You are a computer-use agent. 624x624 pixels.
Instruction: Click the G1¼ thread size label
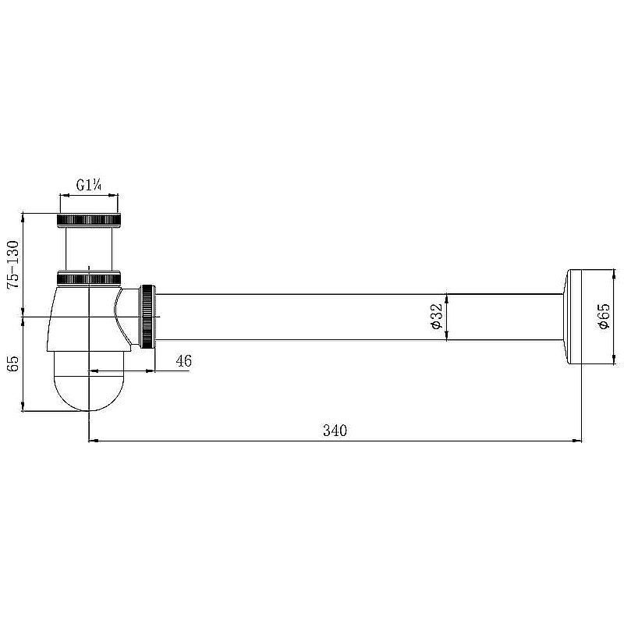pyautogui.click(x=89, y=185)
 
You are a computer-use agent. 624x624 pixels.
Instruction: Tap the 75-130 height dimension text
pyautogui.click(x=12, y=264)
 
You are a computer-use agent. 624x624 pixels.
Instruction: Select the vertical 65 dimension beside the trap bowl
pyautogui.click(x=13, y=363)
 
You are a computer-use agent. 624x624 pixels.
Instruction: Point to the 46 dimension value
pyautogui.click(x=183, y=361)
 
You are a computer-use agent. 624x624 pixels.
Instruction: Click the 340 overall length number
pyautogui.click(x=335, y=431)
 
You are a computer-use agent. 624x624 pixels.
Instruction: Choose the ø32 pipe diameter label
pyautogui.click(x=436, y=317)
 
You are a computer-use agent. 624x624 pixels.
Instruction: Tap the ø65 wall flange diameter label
pyautogui.click(x=604, y=317)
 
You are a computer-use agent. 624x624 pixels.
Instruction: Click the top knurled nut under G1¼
pyautogui.click(x=89, y=220)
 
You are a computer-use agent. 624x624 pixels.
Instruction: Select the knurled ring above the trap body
pyautogui.click(x=89, y=278)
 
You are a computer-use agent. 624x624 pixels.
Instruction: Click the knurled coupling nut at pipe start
pyautogui.click(x=148, y=317)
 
